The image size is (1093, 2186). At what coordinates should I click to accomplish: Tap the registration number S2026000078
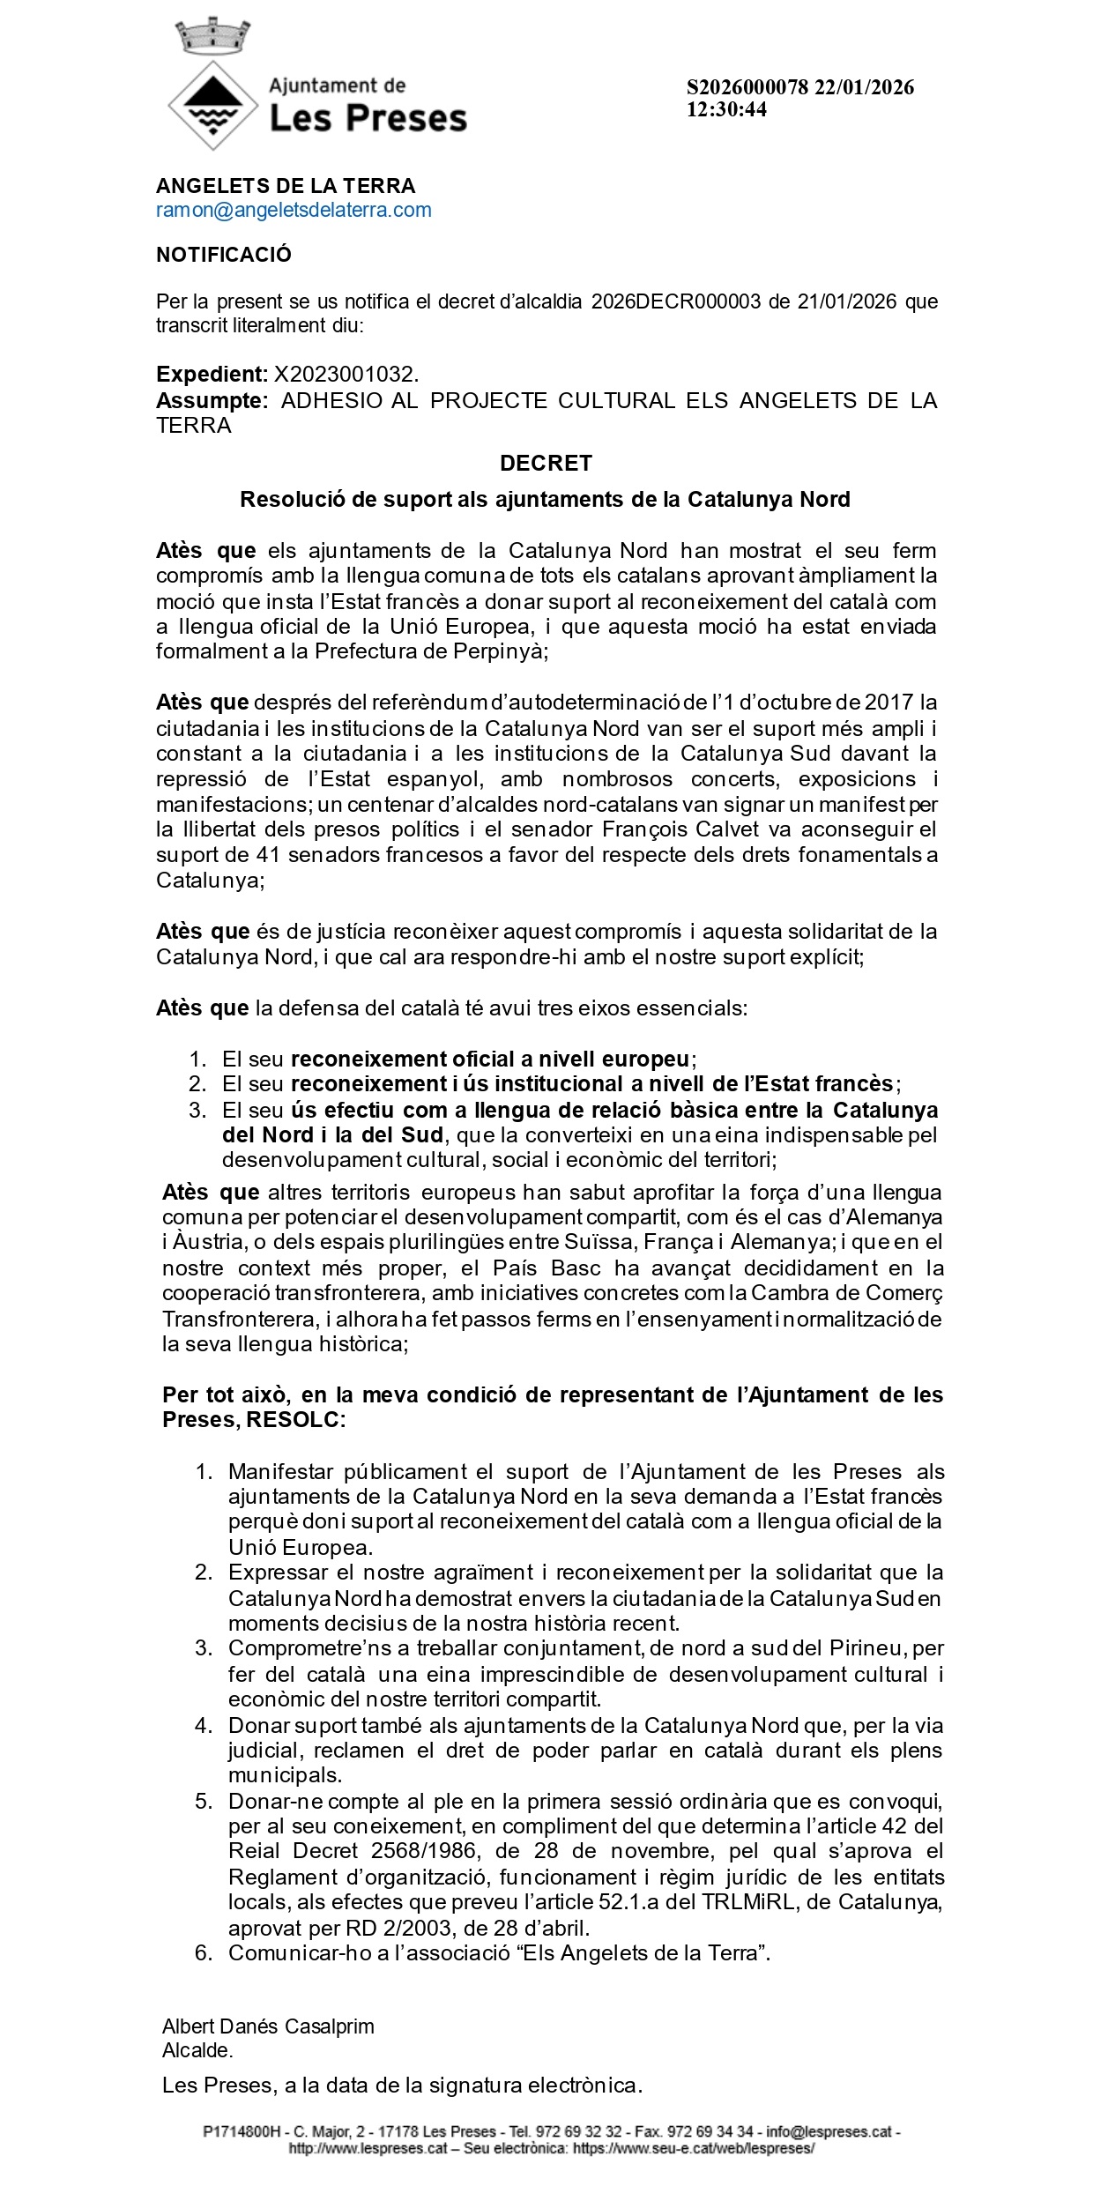point(747,87)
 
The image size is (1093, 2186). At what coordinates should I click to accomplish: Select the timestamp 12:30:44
point(727,109)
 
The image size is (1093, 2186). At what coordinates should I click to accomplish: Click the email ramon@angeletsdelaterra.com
point(294,210)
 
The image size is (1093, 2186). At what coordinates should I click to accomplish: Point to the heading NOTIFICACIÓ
point(224,255)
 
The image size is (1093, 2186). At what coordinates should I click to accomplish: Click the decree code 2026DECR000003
point(675,301)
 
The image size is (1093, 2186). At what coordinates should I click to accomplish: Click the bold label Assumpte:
point(212,401)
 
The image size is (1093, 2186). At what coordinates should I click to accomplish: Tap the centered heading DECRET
point(546,463)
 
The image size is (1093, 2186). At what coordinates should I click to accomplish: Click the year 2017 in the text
point(888,703)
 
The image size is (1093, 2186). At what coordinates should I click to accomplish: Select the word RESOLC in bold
point(295,1420)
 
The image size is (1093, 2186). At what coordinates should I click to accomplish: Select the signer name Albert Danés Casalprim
point(268,2026)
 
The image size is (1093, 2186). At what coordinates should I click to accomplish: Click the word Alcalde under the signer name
point(197,2050)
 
